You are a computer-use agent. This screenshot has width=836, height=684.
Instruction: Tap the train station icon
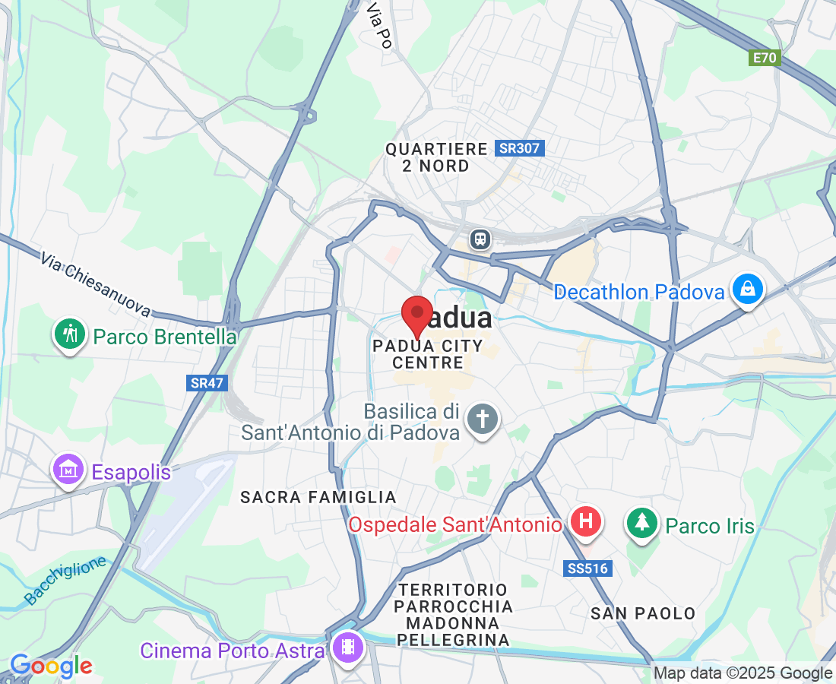pyautogui.click(x=480, y=239)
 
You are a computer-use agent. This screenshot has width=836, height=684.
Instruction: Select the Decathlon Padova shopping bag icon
pyautogui.click(x=748, y=290)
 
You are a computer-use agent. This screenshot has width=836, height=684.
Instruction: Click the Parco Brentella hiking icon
pyautogui.click(x=69, y=334)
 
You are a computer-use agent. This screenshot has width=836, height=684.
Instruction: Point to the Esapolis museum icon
pyautogui.click(x=68, y=470)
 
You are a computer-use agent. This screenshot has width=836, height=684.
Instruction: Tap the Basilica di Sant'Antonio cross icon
pyautogui.click(x=482, y=420)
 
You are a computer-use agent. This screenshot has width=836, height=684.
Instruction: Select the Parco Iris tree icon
pyautogui.click(x=642, y=524)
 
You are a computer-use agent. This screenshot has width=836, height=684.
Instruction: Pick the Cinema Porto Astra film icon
pyautogui.click(x=348, y=648)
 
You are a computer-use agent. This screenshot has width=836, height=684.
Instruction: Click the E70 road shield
pyautogui.click(x=765, y=58)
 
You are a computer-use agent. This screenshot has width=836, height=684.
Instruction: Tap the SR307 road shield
pyautogui.click(x=520, y=148)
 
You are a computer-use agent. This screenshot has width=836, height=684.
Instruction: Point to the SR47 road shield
pyautogui.click(x=207, y=383)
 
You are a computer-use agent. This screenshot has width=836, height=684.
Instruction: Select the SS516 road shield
pyautogui.click(x=588, y=568)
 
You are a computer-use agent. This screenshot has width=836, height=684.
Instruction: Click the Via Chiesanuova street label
pyautogui.click(x=95, y=285)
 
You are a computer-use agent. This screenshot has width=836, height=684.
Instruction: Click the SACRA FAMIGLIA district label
pyautogui.click(x=318, y=497)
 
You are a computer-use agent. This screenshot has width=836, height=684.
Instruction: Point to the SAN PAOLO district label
pyautogui.click(x=643, y=613)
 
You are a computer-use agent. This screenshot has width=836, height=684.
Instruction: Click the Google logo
pyautogui.click(x=51, y=667)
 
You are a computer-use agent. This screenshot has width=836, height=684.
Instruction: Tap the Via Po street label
pyautogui.click(x=378, y=24)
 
